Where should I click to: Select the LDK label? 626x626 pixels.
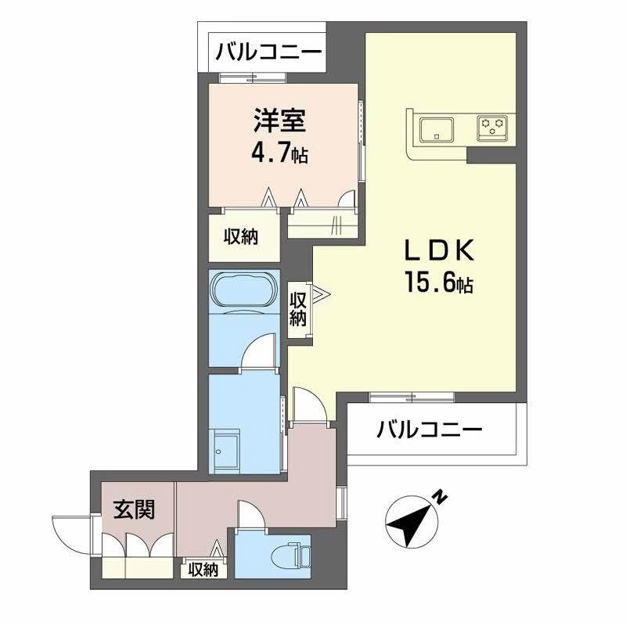tap(440, 250)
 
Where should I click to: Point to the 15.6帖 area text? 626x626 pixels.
tap(439, 282)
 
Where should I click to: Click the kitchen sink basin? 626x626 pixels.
tap(437, 128)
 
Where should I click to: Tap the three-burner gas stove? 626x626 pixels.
tap(492, 128)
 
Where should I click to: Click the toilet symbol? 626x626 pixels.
tap(290, 556)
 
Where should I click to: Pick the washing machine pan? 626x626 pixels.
tap(226, 451)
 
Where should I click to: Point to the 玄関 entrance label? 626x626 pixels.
tap(134, 510)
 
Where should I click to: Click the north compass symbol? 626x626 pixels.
tap(412, 521)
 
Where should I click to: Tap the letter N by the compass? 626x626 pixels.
tap(441, 497)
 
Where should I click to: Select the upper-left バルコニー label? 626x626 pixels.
tap(268, 52)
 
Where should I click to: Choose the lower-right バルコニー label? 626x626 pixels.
tap(430, 430)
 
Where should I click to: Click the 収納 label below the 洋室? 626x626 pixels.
tap(241, 237)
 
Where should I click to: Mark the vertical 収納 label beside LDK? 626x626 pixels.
tap(298, 309)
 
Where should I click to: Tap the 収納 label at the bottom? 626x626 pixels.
tap(203, 570)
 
